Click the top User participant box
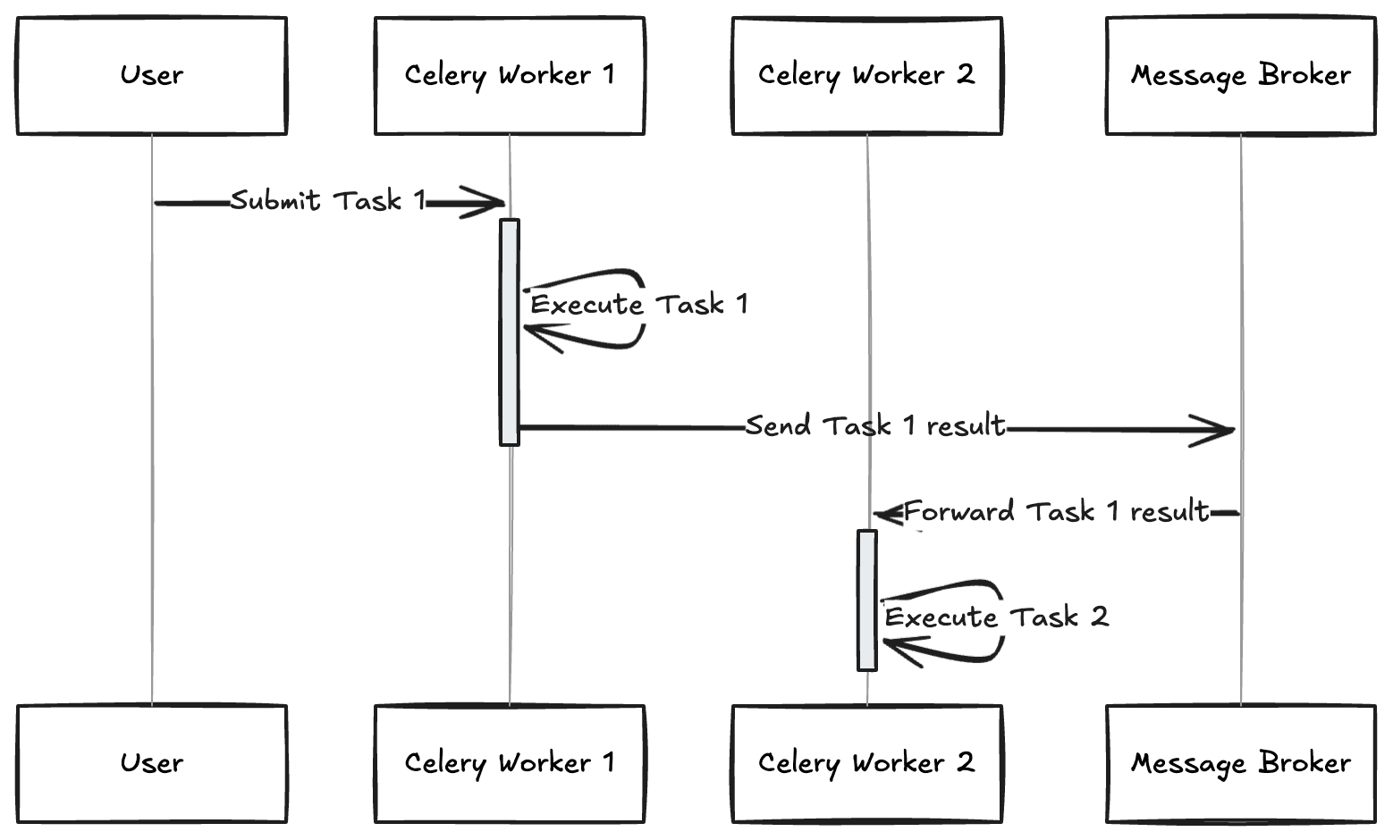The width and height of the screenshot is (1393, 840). (151, 76)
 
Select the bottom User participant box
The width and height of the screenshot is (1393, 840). (151, 764)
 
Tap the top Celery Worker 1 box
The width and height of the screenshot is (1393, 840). (510, 76)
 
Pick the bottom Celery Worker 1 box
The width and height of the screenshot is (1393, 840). (510, 764)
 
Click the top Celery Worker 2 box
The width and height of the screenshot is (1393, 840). (866, 76)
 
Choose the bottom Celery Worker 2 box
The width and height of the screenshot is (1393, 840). (866, 764)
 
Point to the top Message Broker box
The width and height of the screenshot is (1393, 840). (1240, 76)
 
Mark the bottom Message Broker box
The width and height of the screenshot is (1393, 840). (1240, 764)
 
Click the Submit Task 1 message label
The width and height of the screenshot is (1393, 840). (327, 201)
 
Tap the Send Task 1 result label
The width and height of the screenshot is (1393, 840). (875, 425)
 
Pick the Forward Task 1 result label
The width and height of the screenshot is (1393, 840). (1056, 512)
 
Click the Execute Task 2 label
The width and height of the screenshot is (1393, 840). (996, 617)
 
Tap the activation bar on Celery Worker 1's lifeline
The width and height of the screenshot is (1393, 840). (510, 332)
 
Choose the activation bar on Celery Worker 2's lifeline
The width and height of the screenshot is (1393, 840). (866, 600)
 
